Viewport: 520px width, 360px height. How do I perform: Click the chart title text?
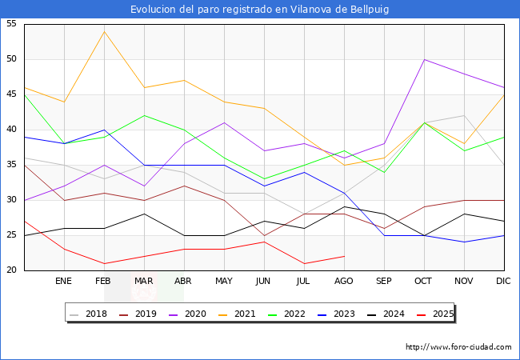coord(260,9)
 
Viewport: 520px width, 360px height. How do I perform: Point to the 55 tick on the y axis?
coord(11,24)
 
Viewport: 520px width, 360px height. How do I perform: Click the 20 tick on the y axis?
coord(11,270)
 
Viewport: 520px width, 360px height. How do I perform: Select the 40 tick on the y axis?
coord(11,130)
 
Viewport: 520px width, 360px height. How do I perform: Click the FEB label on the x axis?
coord(103,282)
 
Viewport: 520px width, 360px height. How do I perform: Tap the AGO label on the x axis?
coord(344,282)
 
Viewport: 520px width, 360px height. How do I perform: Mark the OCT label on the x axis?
coord(424,282)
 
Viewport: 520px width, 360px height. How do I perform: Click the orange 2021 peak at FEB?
coord(103,31)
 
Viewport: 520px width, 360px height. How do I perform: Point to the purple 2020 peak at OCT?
coord(424,59)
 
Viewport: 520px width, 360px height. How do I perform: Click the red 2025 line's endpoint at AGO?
coord(344,256)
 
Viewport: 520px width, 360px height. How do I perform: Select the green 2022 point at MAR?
coord(144,115)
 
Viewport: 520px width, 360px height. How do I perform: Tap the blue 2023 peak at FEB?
coord(103,130)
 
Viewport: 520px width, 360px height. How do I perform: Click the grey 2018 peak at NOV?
coord(464,115)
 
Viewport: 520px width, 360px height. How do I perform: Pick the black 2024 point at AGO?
coord(344,207)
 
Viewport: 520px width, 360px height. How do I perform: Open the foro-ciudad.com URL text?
coord(458,347)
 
